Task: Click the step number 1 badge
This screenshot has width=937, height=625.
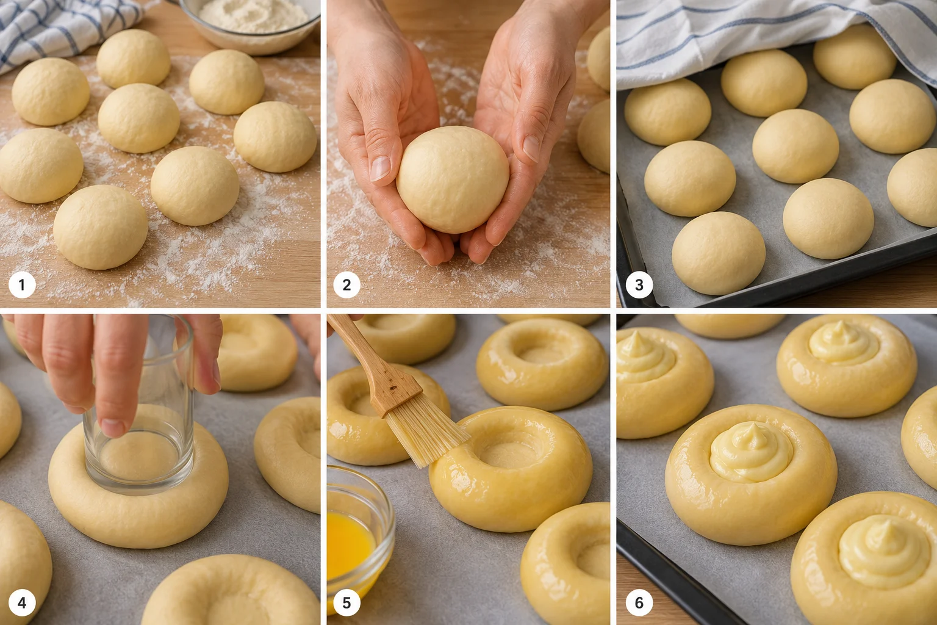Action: (22, 284)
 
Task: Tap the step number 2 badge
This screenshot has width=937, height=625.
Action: (346, 284)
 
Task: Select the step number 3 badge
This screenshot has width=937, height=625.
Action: (639, 284)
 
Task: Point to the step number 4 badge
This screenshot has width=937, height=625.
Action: (22, 603)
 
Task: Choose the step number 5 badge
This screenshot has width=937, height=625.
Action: (346, 603)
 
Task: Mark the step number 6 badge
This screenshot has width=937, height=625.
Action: (639, 603)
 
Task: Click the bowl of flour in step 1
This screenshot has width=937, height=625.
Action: (251, 23)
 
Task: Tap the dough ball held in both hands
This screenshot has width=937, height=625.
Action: (453, 179)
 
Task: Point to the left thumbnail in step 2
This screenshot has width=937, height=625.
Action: (380, 168)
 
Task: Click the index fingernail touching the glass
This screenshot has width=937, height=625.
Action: (113, 427)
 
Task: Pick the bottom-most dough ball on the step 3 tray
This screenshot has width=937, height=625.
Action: (719, 253)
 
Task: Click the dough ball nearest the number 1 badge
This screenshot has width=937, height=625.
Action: (101, 227)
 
